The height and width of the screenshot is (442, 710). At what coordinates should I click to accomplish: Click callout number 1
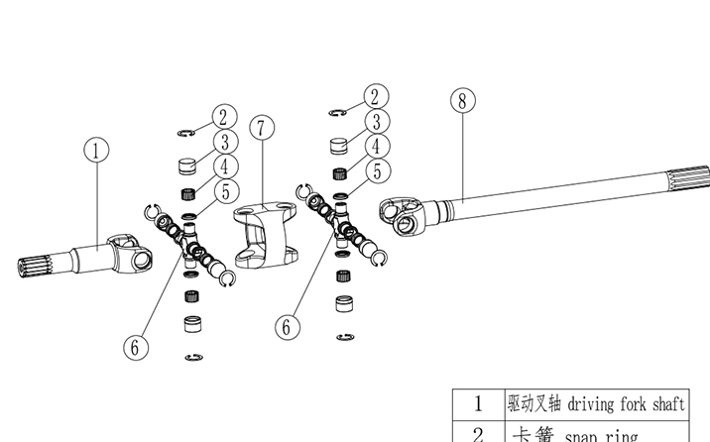click(95, 151)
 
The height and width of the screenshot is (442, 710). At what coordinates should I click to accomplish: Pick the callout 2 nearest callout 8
click(374, 96)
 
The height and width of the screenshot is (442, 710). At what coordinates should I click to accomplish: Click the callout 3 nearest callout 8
click(376, 122)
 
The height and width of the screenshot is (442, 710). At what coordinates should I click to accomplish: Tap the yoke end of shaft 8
click(404, 216)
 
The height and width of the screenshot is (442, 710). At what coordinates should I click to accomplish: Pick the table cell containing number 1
click(477, 403)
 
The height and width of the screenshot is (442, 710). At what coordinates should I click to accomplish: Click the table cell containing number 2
click(477, 434)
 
